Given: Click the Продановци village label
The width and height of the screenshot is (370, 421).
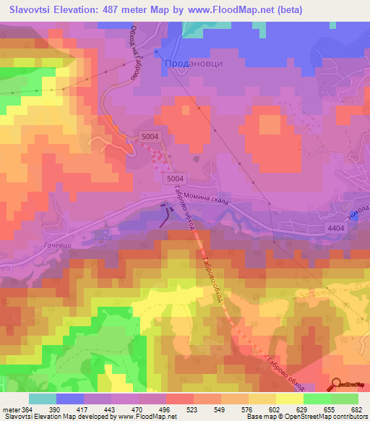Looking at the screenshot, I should point(194,64).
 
